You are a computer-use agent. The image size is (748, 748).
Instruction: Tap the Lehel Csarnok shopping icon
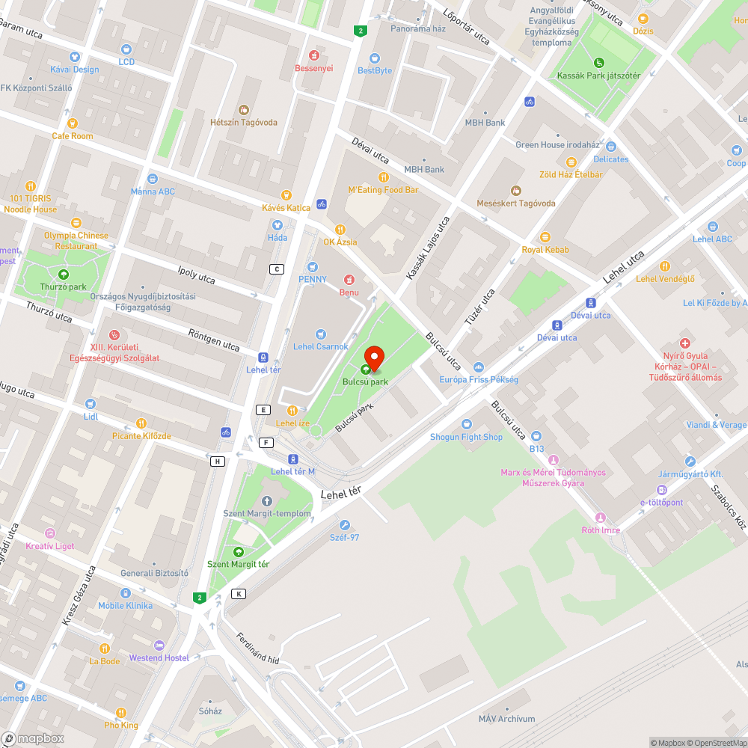321,334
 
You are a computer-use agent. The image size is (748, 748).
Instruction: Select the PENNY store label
313,279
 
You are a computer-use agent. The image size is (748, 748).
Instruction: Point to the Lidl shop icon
91,404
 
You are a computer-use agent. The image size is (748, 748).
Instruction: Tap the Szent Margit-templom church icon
267,500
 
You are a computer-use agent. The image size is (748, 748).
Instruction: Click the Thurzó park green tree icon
63,275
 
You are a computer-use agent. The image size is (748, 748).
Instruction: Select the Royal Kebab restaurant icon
545,237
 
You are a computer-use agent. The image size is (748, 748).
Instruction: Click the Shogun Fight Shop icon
466,424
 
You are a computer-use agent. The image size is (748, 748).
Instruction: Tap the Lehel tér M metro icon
292,459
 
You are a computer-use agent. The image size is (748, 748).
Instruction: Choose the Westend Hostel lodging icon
159,646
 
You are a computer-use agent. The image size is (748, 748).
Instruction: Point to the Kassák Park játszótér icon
598,63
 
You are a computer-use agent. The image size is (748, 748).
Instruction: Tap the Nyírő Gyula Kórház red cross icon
684,343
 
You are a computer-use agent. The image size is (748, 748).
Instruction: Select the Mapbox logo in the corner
33,738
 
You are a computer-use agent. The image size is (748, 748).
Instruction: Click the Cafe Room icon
73,123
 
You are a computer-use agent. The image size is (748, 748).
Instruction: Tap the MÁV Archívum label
507,719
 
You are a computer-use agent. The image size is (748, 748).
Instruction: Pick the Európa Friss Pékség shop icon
479,367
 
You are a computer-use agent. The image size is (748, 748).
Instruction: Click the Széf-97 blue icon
345,524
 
